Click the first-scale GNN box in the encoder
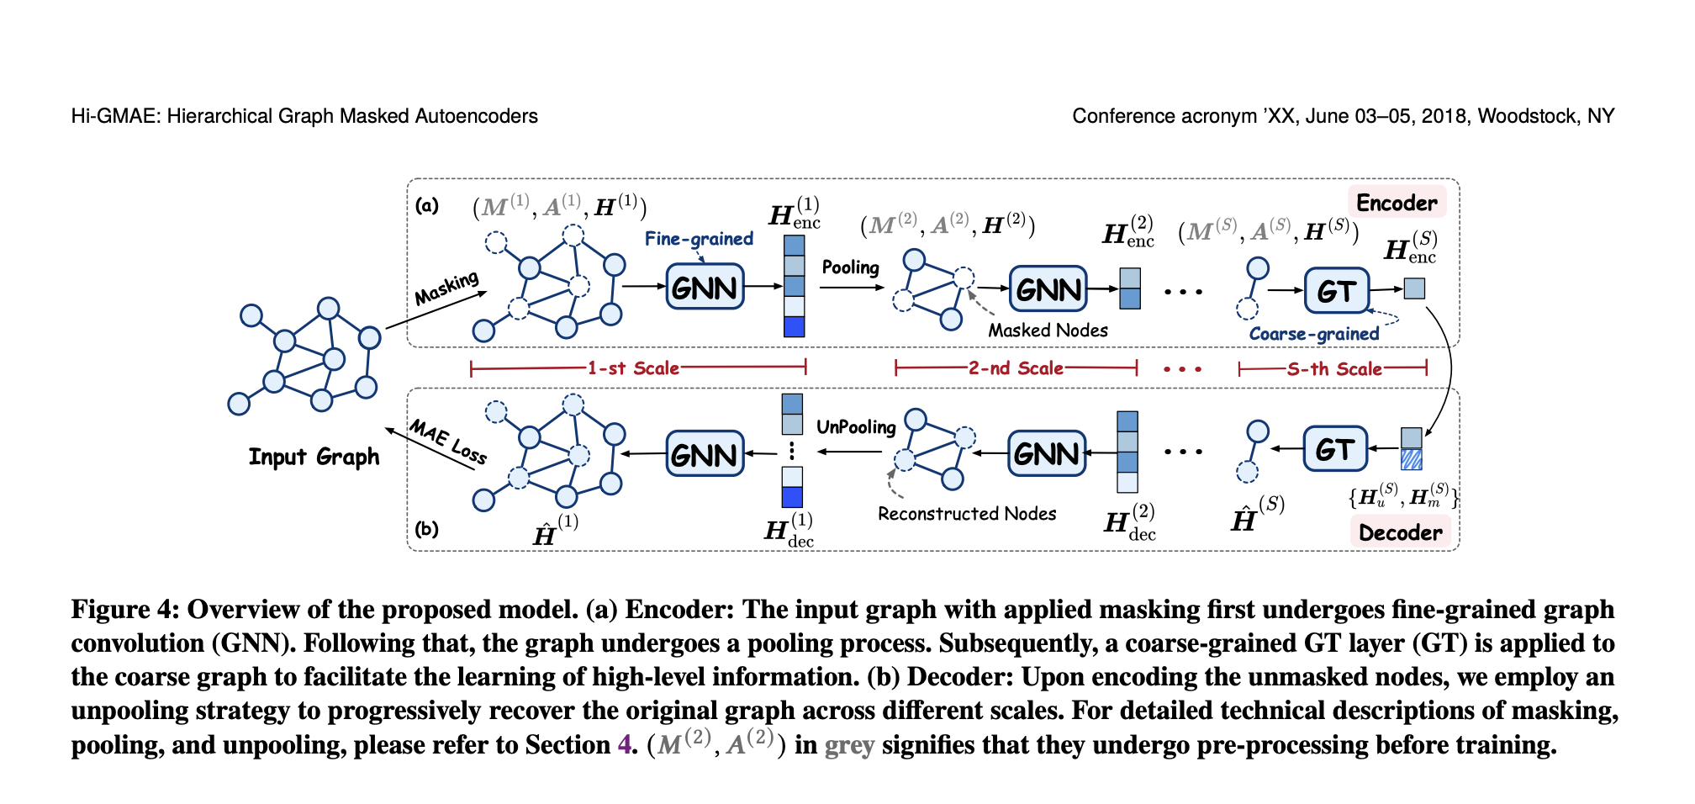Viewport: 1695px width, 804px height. (x=705, y=287)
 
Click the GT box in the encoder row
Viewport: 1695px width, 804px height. (x=1336, y=290)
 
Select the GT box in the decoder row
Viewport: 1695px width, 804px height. (x=1334, y=449)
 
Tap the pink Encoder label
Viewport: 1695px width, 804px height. (x=1397, y=203)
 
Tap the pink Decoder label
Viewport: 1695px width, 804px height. (x=1400, y=532)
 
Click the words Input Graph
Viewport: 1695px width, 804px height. (x=314, y=457)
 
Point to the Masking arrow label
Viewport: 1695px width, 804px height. (x=446, y=288)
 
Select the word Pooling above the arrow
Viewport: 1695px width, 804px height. (x=850, y=267)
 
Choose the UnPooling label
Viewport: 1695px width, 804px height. (x=856, y=426)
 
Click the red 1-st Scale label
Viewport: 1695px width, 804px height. (x=632, y=368)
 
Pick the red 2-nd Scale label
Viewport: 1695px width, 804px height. (x=1016, y=368)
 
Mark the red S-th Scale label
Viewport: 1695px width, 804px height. (x=1334, y=368)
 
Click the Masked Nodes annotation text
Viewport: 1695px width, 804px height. (x=1048, y=331)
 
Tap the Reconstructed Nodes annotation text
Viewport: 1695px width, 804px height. (x=967, y=514)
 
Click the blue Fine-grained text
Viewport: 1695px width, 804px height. (x=699, y=239)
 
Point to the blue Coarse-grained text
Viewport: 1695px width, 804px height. (x=1313, y=334)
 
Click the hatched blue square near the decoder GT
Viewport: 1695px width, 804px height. (x=1411, y=459)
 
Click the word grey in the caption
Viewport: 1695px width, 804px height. (x=849, y=746)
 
